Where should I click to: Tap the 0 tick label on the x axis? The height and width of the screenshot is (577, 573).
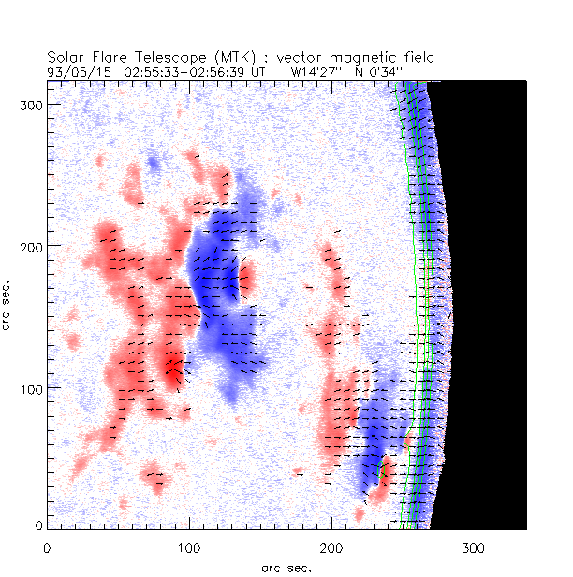pos(47,547)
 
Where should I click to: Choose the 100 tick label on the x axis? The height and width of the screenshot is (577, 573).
pos(189,547)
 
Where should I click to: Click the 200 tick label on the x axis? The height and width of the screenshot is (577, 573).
pos(331,547)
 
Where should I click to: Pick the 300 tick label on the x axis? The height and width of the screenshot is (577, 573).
pos(474,547)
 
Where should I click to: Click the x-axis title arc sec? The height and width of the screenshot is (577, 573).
pos(286,568)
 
